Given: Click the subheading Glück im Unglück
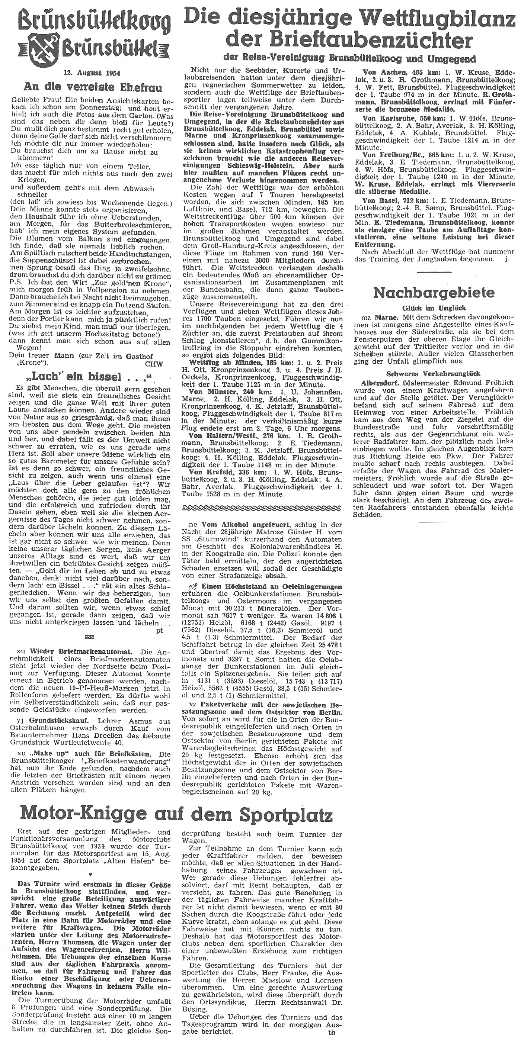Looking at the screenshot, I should [434, 307].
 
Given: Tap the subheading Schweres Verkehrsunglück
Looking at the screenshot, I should [434, 373].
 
